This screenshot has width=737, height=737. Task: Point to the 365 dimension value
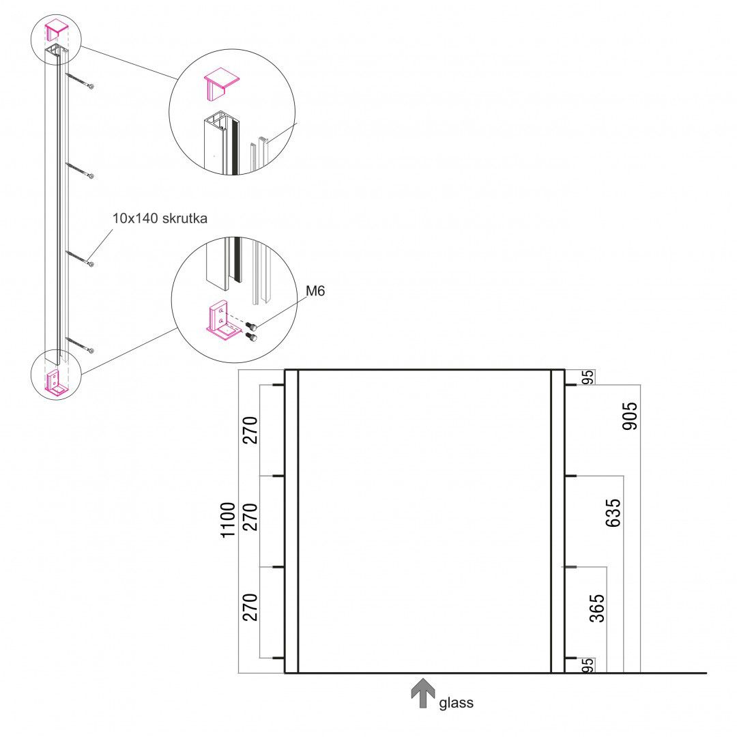[597, 607]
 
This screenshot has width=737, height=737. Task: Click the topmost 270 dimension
[250, 430]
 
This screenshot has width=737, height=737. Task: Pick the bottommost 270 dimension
[250, 607]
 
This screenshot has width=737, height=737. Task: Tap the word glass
[456, 702]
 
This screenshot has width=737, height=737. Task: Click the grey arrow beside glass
[423, 692]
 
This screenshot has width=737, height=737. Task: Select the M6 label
[315, 291]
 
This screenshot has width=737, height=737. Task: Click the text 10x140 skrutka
[160, 218]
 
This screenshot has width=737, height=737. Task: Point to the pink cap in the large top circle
[222, 81]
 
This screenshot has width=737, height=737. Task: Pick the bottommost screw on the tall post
[80, 345]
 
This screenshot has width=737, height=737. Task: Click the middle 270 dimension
[250, 520]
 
